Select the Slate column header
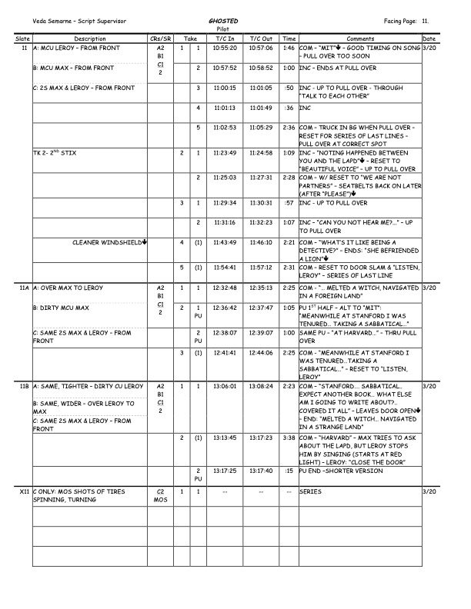pyautogui.click(x=22, y=38)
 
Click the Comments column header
pyautogui.click(x=359, y=38)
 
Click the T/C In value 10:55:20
pyautogui.click(x=225, y=48)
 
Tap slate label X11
pyautogui.click(x=23, y=491)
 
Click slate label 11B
pyautogui.click(x=23, y=387)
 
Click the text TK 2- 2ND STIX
pyautogui.click(x=55, y=153)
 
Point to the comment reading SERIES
pyautogui.click(x=310, y=491)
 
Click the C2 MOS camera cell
pyautogui.click(x=160, y=495)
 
